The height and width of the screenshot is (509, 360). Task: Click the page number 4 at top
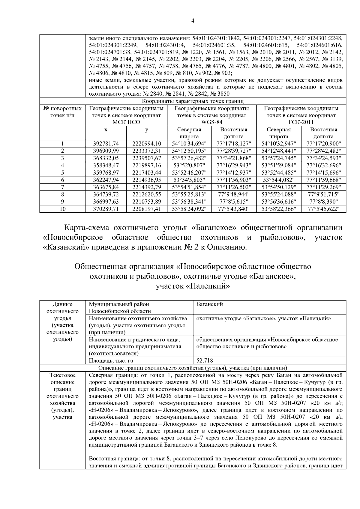point(193,21)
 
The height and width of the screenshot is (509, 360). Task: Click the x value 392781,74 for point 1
point(106,144)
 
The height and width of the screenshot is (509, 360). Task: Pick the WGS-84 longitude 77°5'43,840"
point(234,209)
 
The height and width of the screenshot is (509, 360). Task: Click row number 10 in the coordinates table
point(62,209)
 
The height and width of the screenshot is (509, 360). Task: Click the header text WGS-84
point(211,122)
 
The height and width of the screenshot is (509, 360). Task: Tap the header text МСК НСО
point(126,122)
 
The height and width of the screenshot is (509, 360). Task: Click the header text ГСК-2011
point(301,122)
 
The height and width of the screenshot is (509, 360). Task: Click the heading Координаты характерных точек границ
point(193,101)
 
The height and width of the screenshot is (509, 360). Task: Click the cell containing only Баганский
point(209,304)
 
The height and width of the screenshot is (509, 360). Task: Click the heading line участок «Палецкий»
point(193,286)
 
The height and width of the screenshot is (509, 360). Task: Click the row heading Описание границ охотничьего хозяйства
point(193,368)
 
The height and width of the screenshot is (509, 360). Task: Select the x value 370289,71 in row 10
point(106,209)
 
